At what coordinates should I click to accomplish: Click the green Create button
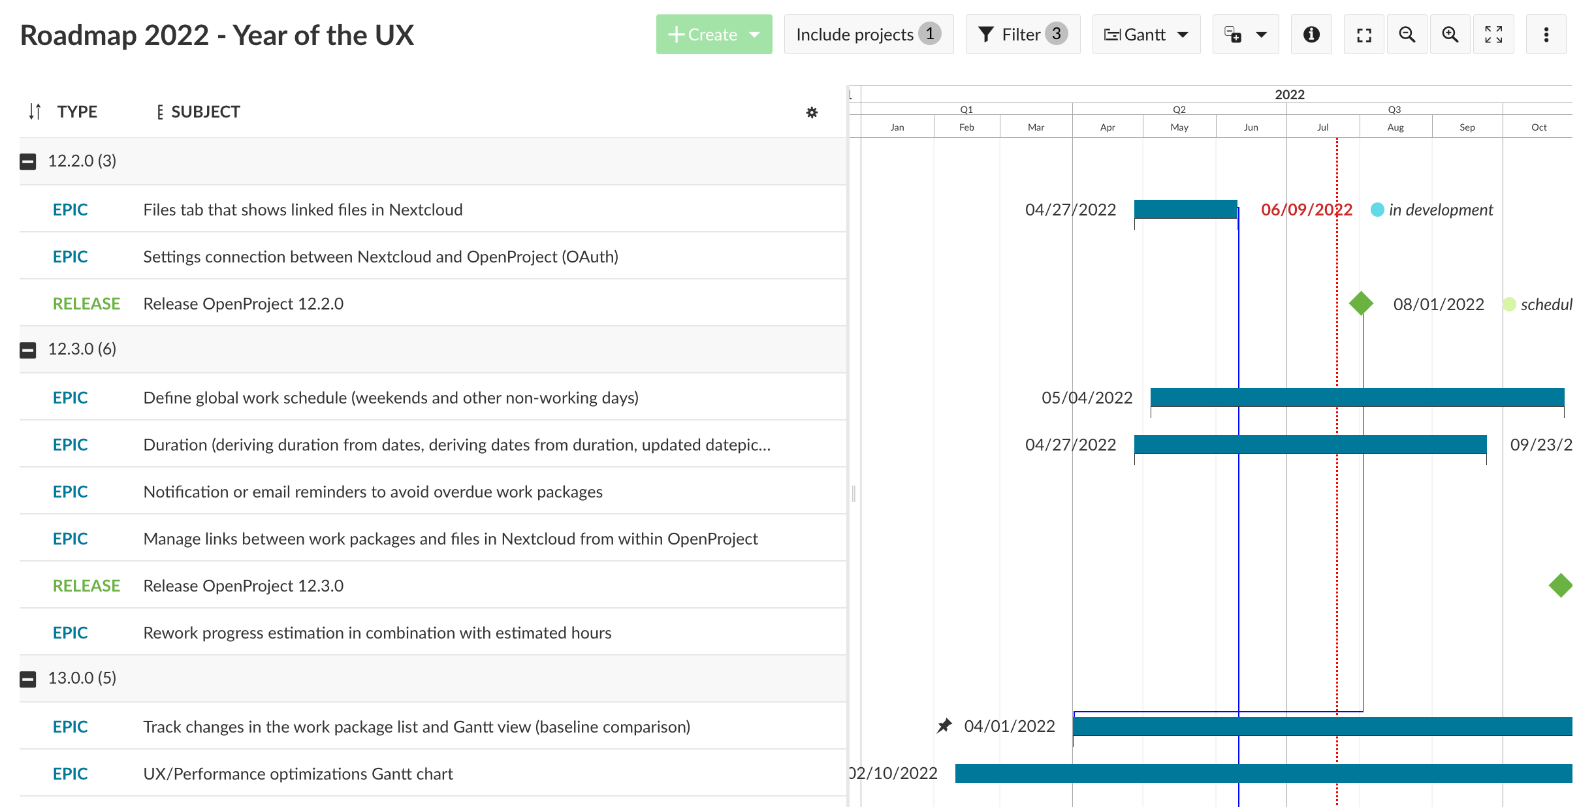click(713, 35)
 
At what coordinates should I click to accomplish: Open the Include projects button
click(868, 35)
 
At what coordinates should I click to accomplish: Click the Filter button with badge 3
click(1022, 35)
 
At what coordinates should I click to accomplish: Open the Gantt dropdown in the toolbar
click(1145, 35)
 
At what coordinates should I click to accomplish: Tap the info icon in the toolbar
click(1311, 35)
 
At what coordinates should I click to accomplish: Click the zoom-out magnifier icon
click(1407, 35)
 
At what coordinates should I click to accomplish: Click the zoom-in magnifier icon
click(1450, 35)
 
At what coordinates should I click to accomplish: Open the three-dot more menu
click(1546, 35)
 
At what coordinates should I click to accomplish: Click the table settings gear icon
click(812, 112)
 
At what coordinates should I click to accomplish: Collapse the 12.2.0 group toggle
click(28, 161)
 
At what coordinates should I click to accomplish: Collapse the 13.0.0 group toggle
click(28, 679)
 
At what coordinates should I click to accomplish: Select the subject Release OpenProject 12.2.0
click(243, 304)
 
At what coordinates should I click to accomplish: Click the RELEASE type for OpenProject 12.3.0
click(86, 586)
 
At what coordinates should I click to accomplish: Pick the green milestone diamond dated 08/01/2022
click(1361, 304)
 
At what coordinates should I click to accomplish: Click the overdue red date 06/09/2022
click(1306, 210)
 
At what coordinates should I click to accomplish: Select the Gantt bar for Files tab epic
click(1185, 209)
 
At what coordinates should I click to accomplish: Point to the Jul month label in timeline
click(1322, 127)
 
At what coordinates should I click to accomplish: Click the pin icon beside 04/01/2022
click(944, 726)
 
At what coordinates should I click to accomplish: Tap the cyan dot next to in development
click(1377, 210)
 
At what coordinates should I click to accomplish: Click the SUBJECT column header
click(205, 112)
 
